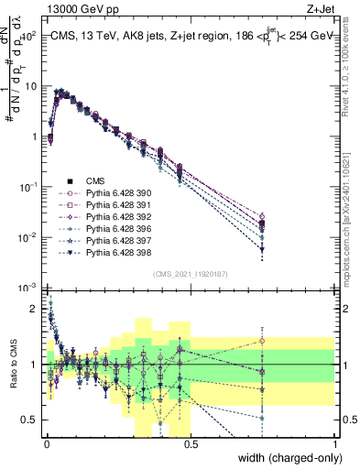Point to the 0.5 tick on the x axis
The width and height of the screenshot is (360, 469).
coord(190,442)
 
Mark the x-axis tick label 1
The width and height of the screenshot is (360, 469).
coord(336,442)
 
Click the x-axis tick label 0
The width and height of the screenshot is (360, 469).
coord(46,442)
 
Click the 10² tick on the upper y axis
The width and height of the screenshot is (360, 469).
coord(27,36)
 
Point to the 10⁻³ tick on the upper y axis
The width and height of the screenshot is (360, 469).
coord(27,288)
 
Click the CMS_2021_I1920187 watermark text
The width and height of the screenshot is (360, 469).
coord(191,274)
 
